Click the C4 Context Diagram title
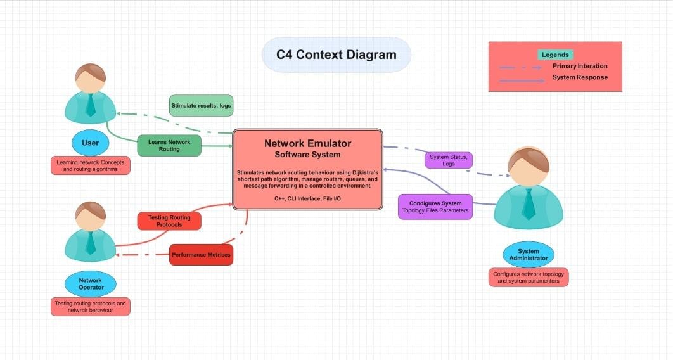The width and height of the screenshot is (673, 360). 336,55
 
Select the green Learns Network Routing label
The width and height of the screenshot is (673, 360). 169,146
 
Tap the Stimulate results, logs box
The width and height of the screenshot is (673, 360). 201,106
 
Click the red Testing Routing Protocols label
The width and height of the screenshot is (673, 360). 169,221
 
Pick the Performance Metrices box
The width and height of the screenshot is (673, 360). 201,255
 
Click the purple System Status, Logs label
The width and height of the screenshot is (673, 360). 449,160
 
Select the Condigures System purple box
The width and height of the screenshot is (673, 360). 435,207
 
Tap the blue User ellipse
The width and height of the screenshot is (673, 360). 91,143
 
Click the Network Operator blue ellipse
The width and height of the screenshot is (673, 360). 91,284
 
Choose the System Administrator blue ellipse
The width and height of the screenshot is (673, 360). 529,254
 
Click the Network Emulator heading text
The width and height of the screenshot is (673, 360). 307,143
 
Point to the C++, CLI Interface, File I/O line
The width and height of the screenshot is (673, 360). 307,199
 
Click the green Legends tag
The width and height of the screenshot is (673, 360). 555,55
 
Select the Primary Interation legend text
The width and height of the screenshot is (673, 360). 579,66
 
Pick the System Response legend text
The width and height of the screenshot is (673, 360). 579,77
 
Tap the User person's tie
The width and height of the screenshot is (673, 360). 91,105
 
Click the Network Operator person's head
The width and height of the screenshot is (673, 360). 91,217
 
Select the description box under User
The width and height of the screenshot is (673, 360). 91,166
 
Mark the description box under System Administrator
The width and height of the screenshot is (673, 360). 529,278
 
